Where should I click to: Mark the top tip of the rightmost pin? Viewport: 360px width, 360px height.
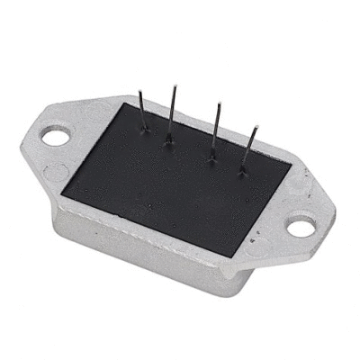(257, 127)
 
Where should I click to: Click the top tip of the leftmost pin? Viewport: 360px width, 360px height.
(141, 90)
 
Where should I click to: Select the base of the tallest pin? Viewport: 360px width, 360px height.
(168, 139)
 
